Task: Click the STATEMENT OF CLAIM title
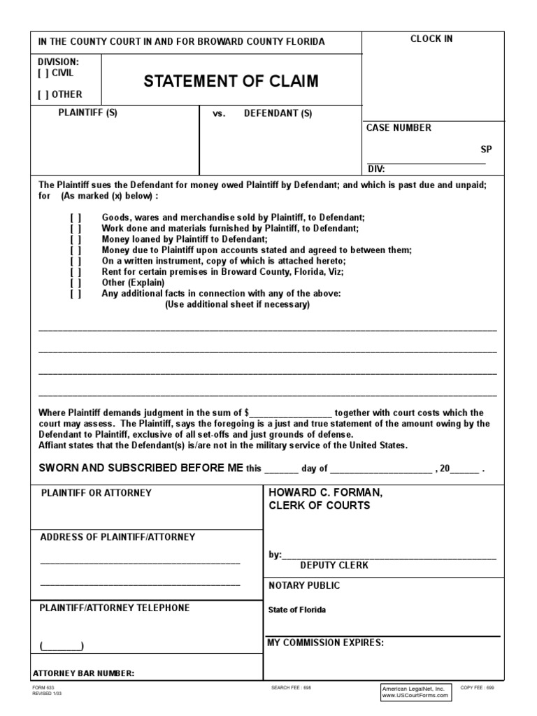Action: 231,82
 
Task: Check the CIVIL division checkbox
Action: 43,73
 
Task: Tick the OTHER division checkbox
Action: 43,94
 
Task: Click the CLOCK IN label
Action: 431,39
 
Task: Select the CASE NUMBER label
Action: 399,128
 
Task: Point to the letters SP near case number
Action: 486,149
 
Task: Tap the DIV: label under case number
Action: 376,169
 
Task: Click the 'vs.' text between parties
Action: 220,114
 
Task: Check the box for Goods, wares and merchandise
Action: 76,218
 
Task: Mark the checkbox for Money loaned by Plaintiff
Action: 76,239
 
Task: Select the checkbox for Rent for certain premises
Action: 76,272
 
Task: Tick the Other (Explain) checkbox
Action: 76,283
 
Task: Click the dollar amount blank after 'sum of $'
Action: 291,413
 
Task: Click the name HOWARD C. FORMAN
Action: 326,493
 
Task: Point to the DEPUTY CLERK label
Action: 334,565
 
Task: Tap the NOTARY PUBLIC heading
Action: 304,585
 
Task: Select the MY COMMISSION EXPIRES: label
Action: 326,643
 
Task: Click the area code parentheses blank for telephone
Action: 62,645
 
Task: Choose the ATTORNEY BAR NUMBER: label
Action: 84,674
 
